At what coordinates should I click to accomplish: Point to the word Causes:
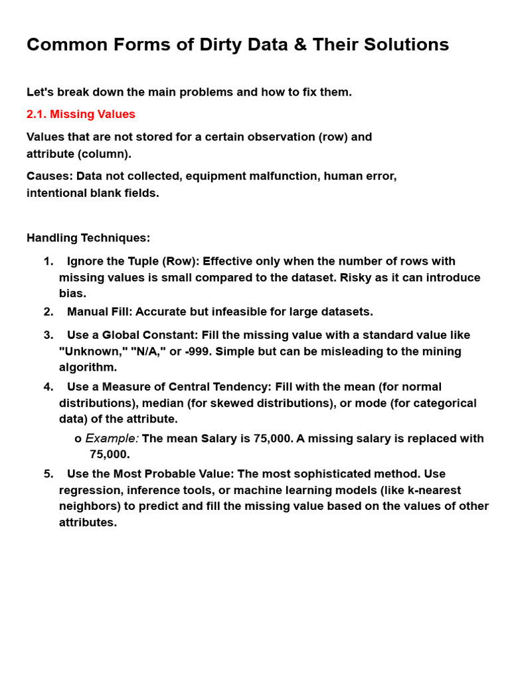[x=49, y=176]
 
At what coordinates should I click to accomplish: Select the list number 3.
[x=48, y=335]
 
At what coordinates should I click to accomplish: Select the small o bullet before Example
[x=78, y=439]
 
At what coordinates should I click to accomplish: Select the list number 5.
[x=48, y=473]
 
